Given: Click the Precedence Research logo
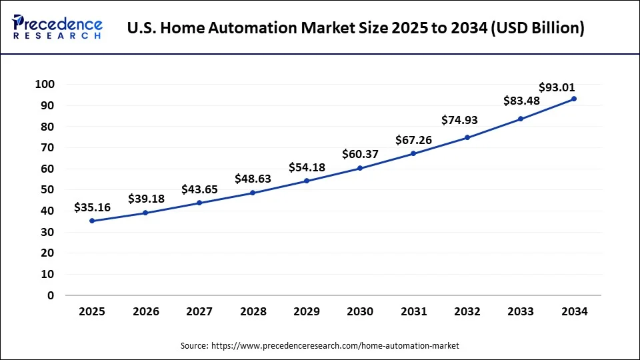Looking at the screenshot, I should [57, 27].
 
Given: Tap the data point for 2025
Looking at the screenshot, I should [92, 221].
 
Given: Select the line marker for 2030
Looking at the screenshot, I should [360, 168].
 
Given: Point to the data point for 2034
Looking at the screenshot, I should [574, 99].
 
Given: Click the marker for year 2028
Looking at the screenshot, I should [253, 193].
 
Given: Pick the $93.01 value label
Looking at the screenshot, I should [557, 87].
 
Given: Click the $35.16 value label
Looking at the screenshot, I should [92, 207].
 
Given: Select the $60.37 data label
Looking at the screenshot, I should [361, 154].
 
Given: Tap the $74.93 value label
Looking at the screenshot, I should [460, 120].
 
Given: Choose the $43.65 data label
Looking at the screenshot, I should [199, 189].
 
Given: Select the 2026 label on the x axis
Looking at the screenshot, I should [145, 312].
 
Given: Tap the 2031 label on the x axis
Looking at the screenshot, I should [413, 312].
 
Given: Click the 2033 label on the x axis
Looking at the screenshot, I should [521, 312].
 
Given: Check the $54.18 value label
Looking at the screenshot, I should [307, 167].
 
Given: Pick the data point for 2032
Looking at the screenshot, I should [467, 137].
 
